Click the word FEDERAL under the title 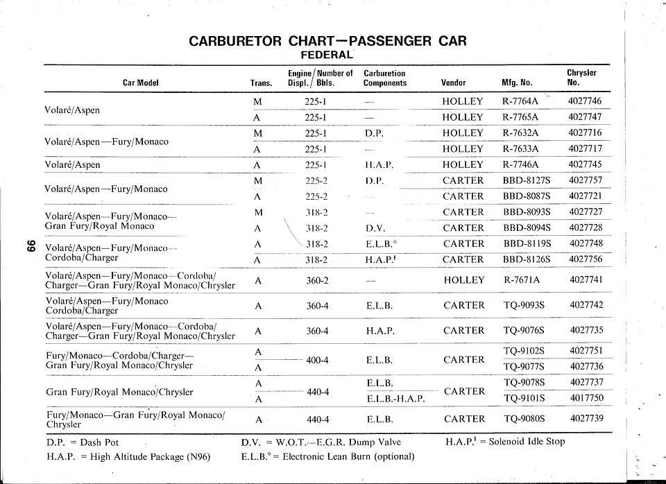(x=327, y=54)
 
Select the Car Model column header (x=141, y=83)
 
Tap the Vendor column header (x=453, y=83)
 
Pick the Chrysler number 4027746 (x=584, y=101)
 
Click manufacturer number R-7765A (x=520, y=117)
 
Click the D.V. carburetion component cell (x=375, y=228)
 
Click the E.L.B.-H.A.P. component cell (x=394, y=399)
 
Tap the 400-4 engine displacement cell (x=317, y=361)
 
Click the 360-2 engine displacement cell (x=317, y=280)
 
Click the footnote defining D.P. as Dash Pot (x=83, y=442)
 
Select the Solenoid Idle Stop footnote (x=505, y=441)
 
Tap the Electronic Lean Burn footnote (x=327, y=456)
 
